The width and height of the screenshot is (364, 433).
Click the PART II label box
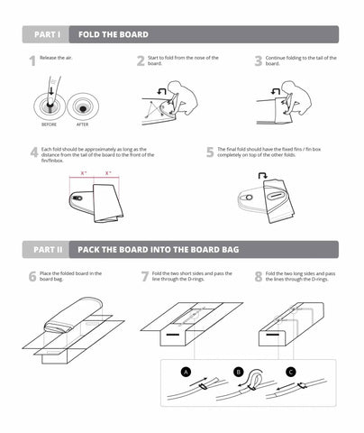coord(47,249)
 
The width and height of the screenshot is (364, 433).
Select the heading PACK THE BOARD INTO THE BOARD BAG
coord(158,249)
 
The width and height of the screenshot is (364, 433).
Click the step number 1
coord(32,61)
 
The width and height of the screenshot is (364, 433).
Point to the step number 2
coord(141,61)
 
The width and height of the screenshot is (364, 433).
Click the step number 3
coord(259,61)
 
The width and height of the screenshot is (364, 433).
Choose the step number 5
coord(209,152)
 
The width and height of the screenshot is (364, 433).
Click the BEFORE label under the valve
coord(50,124)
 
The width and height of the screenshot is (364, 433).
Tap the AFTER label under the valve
coord(82,124)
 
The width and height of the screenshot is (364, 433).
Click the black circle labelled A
coord(186,371)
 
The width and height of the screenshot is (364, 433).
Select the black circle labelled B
coord(240,371)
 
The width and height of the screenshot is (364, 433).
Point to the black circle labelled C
coord(290,371)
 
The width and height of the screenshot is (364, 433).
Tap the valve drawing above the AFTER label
coord(83,104)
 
